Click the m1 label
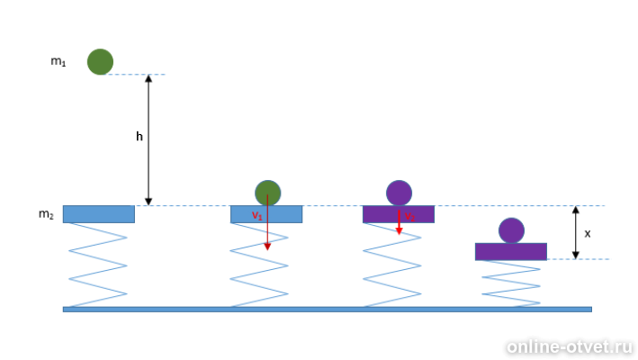coord(58,62)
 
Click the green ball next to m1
coord(100,62)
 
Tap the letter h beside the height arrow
coord(139,138)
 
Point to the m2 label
coord(46,214)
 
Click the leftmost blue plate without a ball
coord(98,214)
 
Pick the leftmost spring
coord(98,265)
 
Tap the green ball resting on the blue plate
coord(267,193)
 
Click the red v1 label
coord(256,216)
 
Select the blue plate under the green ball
coord(288,214)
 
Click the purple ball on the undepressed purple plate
coord(399,193)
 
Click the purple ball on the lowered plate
coord(511,230)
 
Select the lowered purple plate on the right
coord(511,251)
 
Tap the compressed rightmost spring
coord(511,283)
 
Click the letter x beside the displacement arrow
coord(588,233)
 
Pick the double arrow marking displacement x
coord(575,232)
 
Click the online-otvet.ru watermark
coord(569,346)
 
